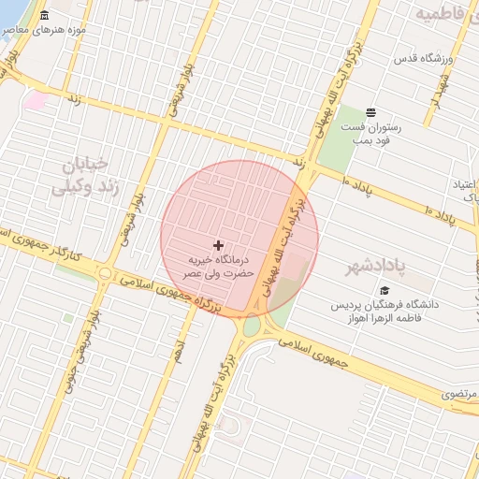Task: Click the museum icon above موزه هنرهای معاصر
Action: (45, 16)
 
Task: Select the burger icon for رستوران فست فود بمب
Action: (370, 111)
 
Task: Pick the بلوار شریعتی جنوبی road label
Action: (94, 338)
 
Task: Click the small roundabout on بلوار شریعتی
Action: (105, 274)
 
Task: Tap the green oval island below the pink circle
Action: (252, 325)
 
